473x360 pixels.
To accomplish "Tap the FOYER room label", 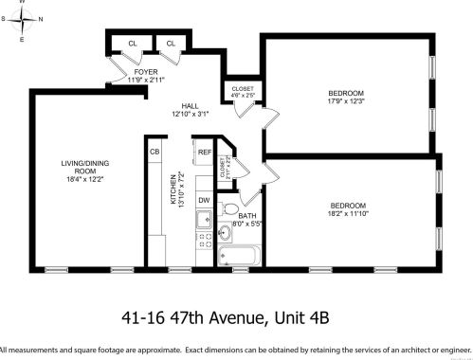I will tap(145, 76).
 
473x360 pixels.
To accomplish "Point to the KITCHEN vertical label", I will tap(173, 190).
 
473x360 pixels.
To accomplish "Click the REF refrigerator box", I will tap(204, 153).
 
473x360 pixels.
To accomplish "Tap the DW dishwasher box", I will tap(204, 200).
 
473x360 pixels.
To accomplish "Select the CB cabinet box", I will tap(155, 152).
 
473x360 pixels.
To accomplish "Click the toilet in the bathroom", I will tap(229, 209).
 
